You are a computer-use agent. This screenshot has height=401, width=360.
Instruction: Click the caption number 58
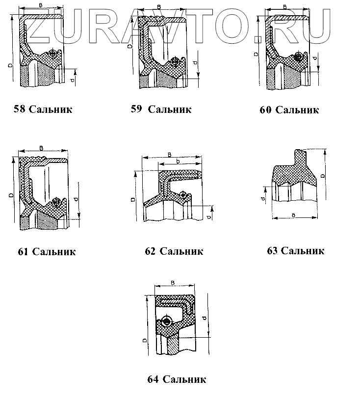coord(21,109)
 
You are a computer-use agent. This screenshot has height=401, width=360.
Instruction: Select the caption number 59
coord(136,109)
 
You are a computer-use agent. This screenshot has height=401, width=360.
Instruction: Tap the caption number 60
coord(265,110)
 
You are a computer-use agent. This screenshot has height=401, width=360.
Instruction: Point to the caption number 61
coord(23,252)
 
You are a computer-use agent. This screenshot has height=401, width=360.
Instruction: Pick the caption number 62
coord(151,251)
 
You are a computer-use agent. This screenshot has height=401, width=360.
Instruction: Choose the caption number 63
coord(272,251)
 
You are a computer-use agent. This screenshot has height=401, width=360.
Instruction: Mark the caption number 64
coord(153,379)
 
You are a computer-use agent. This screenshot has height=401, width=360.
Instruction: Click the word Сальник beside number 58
coord(51,109)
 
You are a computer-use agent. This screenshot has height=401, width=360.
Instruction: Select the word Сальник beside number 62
coord(181,251)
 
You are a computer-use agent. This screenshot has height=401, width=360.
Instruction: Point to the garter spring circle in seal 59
coord(175,61)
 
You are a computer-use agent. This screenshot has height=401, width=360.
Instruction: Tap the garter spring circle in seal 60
coord(298,57)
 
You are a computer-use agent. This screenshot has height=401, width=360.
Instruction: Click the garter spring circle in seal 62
coord(183,194)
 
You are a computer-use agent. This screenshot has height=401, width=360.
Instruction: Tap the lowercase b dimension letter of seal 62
coord(178,161)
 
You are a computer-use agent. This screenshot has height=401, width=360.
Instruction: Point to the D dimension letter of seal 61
coord(10,195)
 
